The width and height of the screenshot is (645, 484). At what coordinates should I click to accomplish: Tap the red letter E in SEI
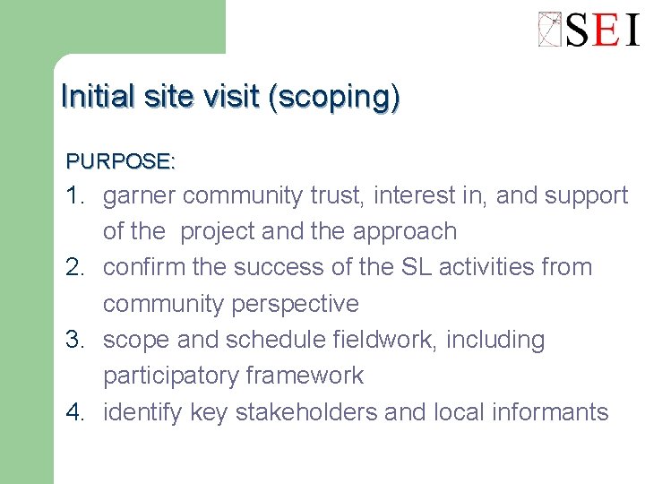(x=606, y=30)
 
